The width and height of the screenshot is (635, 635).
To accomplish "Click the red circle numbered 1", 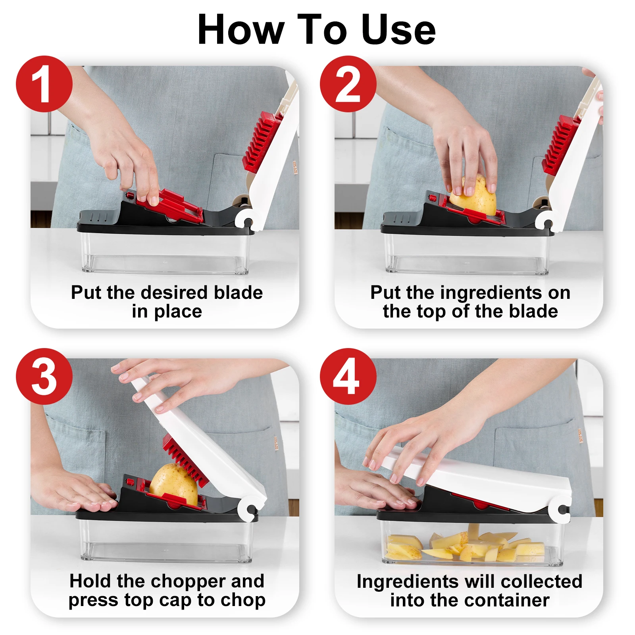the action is pyautogui.click(x=44, y=84).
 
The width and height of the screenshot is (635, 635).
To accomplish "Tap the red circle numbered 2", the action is pyautogui.click(x=348, y=84).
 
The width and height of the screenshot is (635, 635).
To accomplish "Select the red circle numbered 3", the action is pyautogui.click(x=44, y=376).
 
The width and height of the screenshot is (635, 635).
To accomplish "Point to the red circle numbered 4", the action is pyautogui.click(x=348, y=376).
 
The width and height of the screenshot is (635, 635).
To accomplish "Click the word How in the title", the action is pyautogui.click(x=241, y=30).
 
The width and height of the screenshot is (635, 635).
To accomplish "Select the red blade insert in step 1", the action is pyautogui.click(x=169, y=205).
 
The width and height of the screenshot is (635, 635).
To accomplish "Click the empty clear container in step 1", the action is pyautogui.click(x=165, y=253).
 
